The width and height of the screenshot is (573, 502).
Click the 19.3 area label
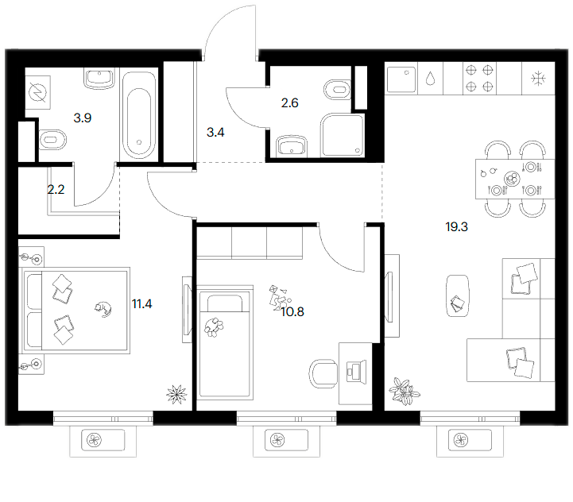point(456,227)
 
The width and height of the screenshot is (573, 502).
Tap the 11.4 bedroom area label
point(141,303)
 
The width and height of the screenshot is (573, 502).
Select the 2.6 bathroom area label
point(290,103)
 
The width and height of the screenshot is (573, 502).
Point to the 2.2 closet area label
point(56,189)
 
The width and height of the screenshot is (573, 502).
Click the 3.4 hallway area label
point(215,133)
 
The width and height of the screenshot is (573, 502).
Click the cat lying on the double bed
point(103,309)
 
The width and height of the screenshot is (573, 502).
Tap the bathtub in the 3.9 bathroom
point(138,115)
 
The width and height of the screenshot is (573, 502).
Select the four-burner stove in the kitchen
point(479,78)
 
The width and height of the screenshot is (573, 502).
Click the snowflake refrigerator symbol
point(538,79)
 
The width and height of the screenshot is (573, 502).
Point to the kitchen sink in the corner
point(401,79)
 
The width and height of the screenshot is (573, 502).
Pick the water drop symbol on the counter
point(431,78)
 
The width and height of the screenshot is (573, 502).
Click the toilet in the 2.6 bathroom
point(337,90)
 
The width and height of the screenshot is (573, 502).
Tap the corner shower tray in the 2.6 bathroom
point(343,136)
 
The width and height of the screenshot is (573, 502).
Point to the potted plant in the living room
point(404,391)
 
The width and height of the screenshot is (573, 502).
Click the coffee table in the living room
point(458,296)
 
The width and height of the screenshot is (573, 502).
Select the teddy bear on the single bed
point(214,327)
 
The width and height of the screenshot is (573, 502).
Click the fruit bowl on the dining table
point(512,179)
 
